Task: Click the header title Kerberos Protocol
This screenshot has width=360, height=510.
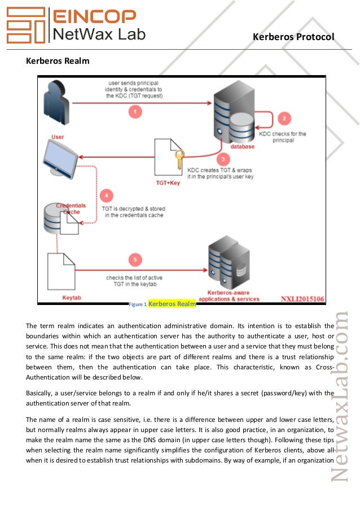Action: (293, 37)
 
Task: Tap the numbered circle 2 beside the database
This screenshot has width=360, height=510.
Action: (284, 118)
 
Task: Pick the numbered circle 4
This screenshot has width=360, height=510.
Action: (105, 195)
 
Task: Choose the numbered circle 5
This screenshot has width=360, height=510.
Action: (134, 260)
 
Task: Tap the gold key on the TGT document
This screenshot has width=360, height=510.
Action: (178, 160)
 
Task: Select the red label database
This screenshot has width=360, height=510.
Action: (243, 147)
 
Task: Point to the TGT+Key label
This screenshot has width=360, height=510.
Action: (168, 183)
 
